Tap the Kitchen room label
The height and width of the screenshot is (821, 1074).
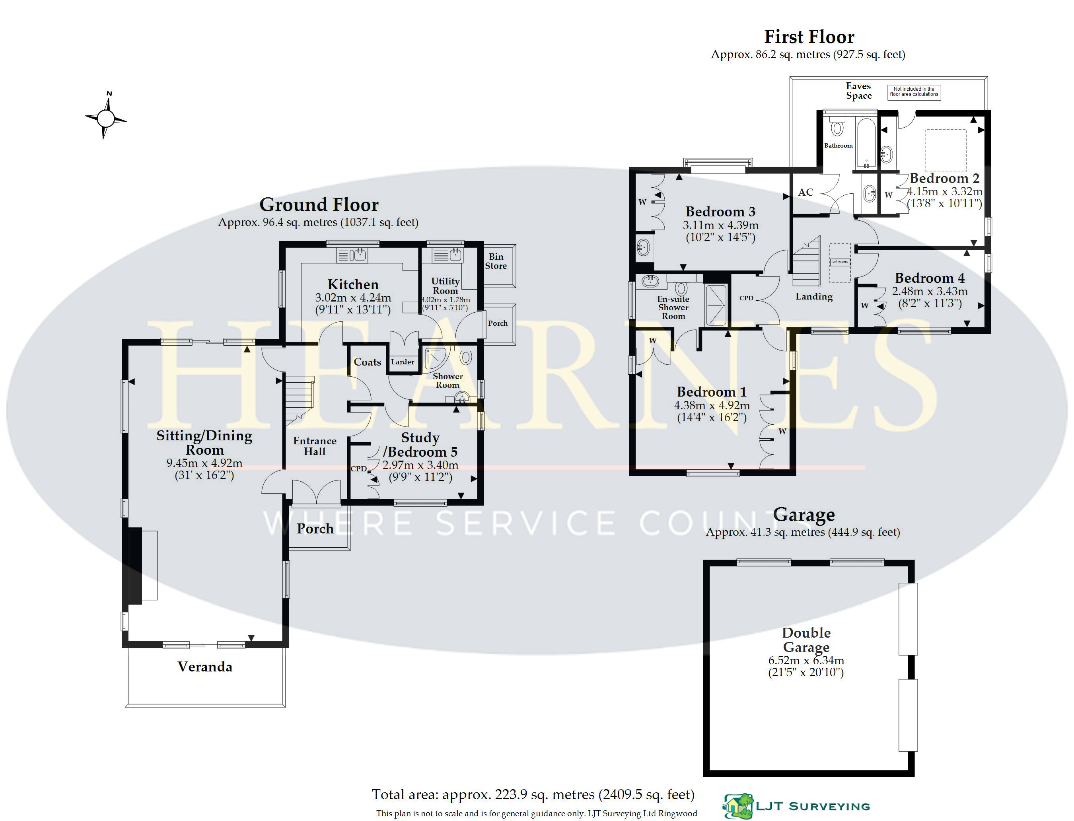coord(353,284)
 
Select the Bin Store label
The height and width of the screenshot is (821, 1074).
coord(496,261)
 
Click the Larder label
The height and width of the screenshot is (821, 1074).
coord(402,362)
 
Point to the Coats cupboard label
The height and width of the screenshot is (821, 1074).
coord(368,362)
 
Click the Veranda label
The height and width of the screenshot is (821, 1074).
coord(205,667)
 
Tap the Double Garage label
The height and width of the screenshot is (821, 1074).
coord(806,640)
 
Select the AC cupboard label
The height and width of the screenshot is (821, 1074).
coord(806,192)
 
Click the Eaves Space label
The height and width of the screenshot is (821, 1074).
coord(858,91)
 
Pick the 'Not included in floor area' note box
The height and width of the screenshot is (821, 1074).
coord(914,92)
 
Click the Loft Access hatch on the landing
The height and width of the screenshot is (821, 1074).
coord(840,263)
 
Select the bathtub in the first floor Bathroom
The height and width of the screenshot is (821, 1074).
coord(866,142)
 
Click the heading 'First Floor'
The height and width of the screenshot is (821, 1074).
coord(809,37)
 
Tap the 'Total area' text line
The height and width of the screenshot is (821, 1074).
coord(533,795)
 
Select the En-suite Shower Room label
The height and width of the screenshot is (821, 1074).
coord(673,307)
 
